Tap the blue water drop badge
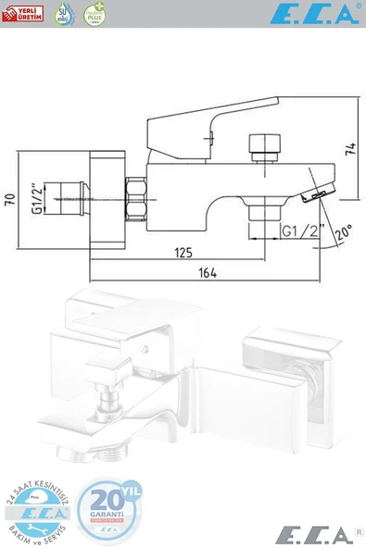(63, 13)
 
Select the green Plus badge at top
(94, 13)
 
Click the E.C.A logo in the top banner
(312, 13)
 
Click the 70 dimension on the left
(10, 198)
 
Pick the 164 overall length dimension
(208, 272)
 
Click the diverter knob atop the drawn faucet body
(263, 147)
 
